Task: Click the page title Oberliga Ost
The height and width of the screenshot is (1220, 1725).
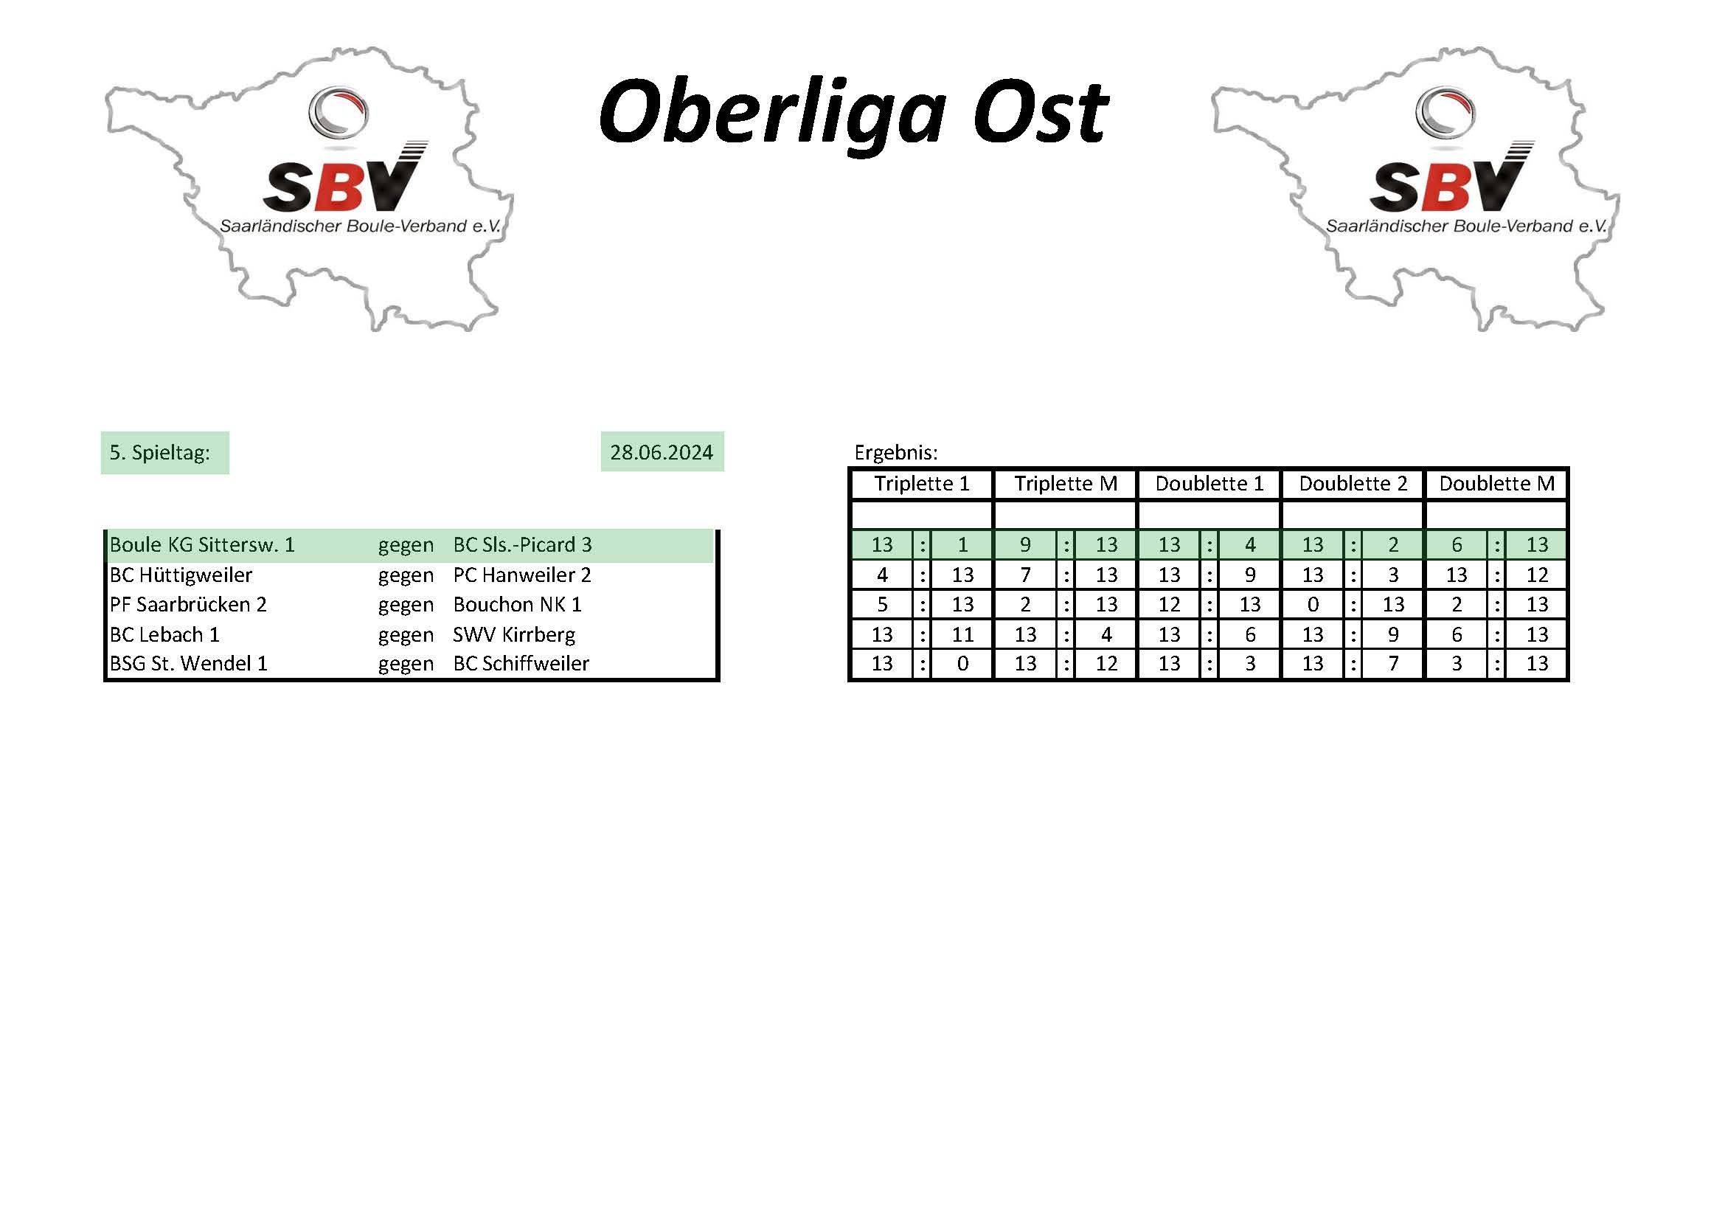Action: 853,114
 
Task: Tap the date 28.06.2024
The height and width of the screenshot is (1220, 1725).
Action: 661,452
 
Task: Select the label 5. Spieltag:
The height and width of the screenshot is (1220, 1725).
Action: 160,452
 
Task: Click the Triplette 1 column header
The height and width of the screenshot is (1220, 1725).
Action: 922,483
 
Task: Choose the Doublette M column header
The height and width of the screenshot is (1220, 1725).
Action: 1496,483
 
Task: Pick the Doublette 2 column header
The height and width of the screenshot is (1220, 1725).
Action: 1353,483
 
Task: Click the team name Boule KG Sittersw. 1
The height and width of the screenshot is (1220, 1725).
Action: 202,544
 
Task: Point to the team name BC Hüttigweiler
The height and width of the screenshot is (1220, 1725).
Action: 181,575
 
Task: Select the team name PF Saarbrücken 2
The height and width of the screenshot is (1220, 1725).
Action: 188,604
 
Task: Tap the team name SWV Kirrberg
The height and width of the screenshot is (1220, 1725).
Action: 514,635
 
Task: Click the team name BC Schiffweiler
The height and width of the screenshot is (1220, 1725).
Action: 521,663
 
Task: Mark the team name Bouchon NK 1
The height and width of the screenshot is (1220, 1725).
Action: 518,604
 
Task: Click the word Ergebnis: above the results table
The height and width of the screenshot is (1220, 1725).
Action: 895,452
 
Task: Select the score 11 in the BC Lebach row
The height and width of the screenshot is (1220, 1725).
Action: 962,635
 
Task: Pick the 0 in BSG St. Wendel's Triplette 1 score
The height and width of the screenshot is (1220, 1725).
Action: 962,663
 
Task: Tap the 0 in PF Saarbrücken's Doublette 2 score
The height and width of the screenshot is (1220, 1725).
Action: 1313,604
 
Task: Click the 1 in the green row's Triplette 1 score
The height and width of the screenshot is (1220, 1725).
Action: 962,544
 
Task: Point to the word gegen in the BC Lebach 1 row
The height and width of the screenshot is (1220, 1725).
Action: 406,636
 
